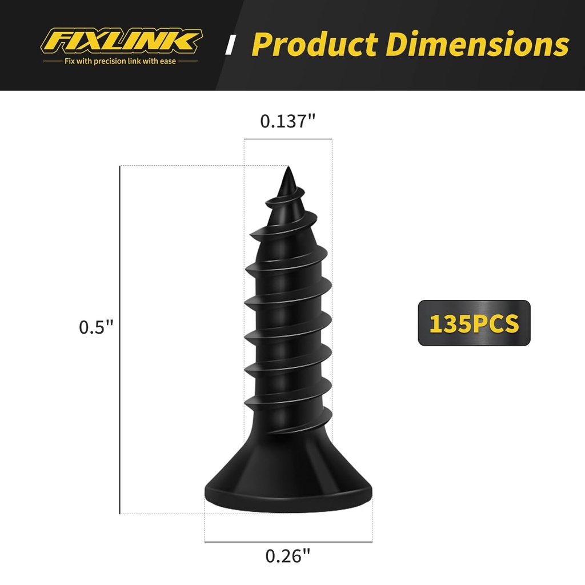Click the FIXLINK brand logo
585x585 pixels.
tap(121, 41)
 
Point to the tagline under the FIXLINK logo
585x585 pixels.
tap(121, 61)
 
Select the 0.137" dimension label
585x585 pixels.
tap(287, 121)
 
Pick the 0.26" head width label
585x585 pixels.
tap(288, 556)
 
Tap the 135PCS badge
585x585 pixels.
tap(474, 323)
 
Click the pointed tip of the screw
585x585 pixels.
tap(288, 171)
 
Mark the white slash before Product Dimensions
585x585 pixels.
tap(231, 45)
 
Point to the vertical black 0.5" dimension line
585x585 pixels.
tap(120, 340)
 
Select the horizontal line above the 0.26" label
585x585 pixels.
tap(288, 542)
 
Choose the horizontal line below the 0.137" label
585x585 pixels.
tap(287, 139)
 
